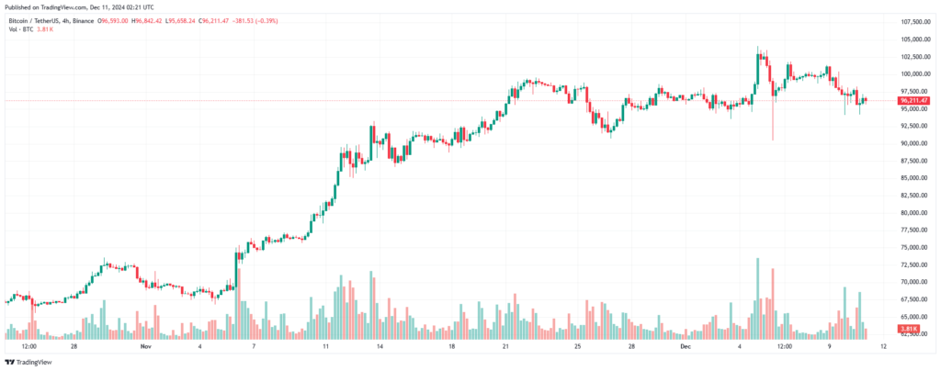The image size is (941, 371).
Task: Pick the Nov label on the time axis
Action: pyautogui.click(x=144, y=347)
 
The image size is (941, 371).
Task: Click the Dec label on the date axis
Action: pyautogui.click(x=686, y=347)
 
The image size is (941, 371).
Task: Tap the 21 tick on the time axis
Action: pyautogui.click(x=506, y=347)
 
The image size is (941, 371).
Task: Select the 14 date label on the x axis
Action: pyautogui.click(x=380, y=347)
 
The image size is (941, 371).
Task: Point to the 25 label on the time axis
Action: pyautogui.click(x=577, y=347)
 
